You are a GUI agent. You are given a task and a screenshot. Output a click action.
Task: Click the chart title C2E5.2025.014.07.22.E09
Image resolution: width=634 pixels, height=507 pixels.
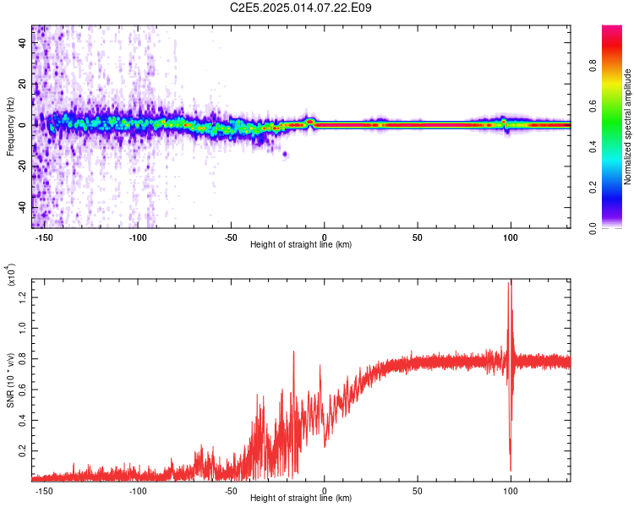point(302,8)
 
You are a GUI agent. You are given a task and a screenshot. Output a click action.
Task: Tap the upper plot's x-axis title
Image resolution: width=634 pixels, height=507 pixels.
point(301,244)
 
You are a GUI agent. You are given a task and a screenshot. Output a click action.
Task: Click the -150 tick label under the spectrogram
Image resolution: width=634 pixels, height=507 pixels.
point(45,237)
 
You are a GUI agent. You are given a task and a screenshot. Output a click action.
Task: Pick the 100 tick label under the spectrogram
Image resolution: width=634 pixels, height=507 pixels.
point(511,237)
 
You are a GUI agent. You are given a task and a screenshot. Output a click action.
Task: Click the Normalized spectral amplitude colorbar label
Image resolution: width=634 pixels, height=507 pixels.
point(628,127)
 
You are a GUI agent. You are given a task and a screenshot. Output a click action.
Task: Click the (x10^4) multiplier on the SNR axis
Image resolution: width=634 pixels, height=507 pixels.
point(11,276)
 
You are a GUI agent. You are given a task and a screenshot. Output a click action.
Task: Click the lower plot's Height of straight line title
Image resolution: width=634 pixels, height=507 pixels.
point(301,498)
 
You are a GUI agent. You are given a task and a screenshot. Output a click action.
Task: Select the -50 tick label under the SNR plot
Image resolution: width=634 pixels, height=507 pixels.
point(231,490)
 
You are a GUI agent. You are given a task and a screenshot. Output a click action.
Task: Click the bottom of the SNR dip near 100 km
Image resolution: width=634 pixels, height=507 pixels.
point(511,469)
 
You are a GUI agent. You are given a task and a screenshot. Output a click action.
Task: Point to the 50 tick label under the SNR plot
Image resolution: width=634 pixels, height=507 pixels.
point(418,490)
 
